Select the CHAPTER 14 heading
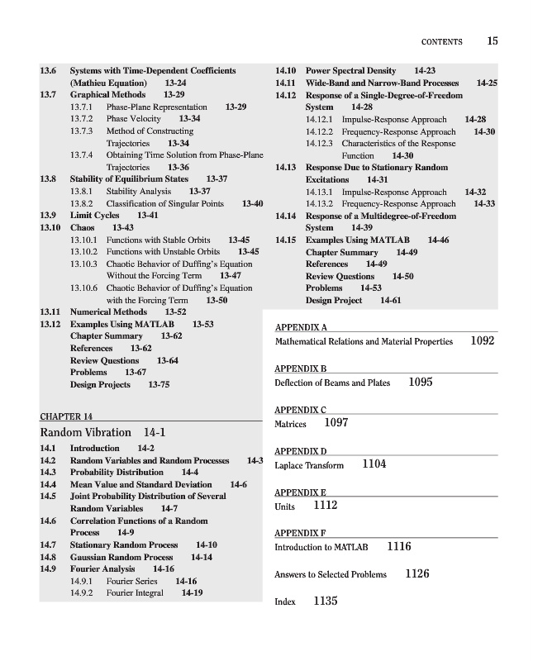(66, 416)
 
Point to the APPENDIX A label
(301, 327)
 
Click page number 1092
(482, 340)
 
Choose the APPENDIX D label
(301, 451)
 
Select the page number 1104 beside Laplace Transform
(374, 464)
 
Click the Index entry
(285, 602)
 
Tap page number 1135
(326, 602)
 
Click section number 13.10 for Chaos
(51, 227)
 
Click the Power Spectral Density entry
(350, 71)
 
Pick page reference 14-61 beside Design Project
(392, 300)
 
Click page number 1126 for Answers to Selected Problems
(417, 573)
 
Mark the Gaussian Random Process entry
(121, 557)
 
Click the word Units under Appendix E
(285, 506)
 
